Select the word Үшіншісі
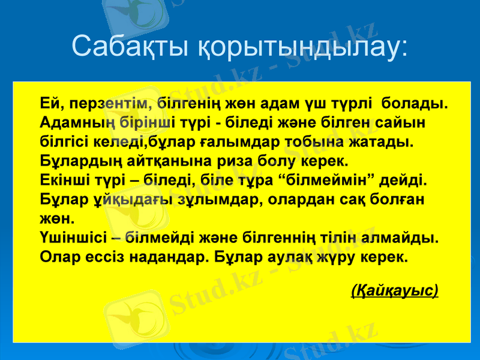[77, 238]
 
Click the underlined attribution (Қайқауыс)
[394, 291]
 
